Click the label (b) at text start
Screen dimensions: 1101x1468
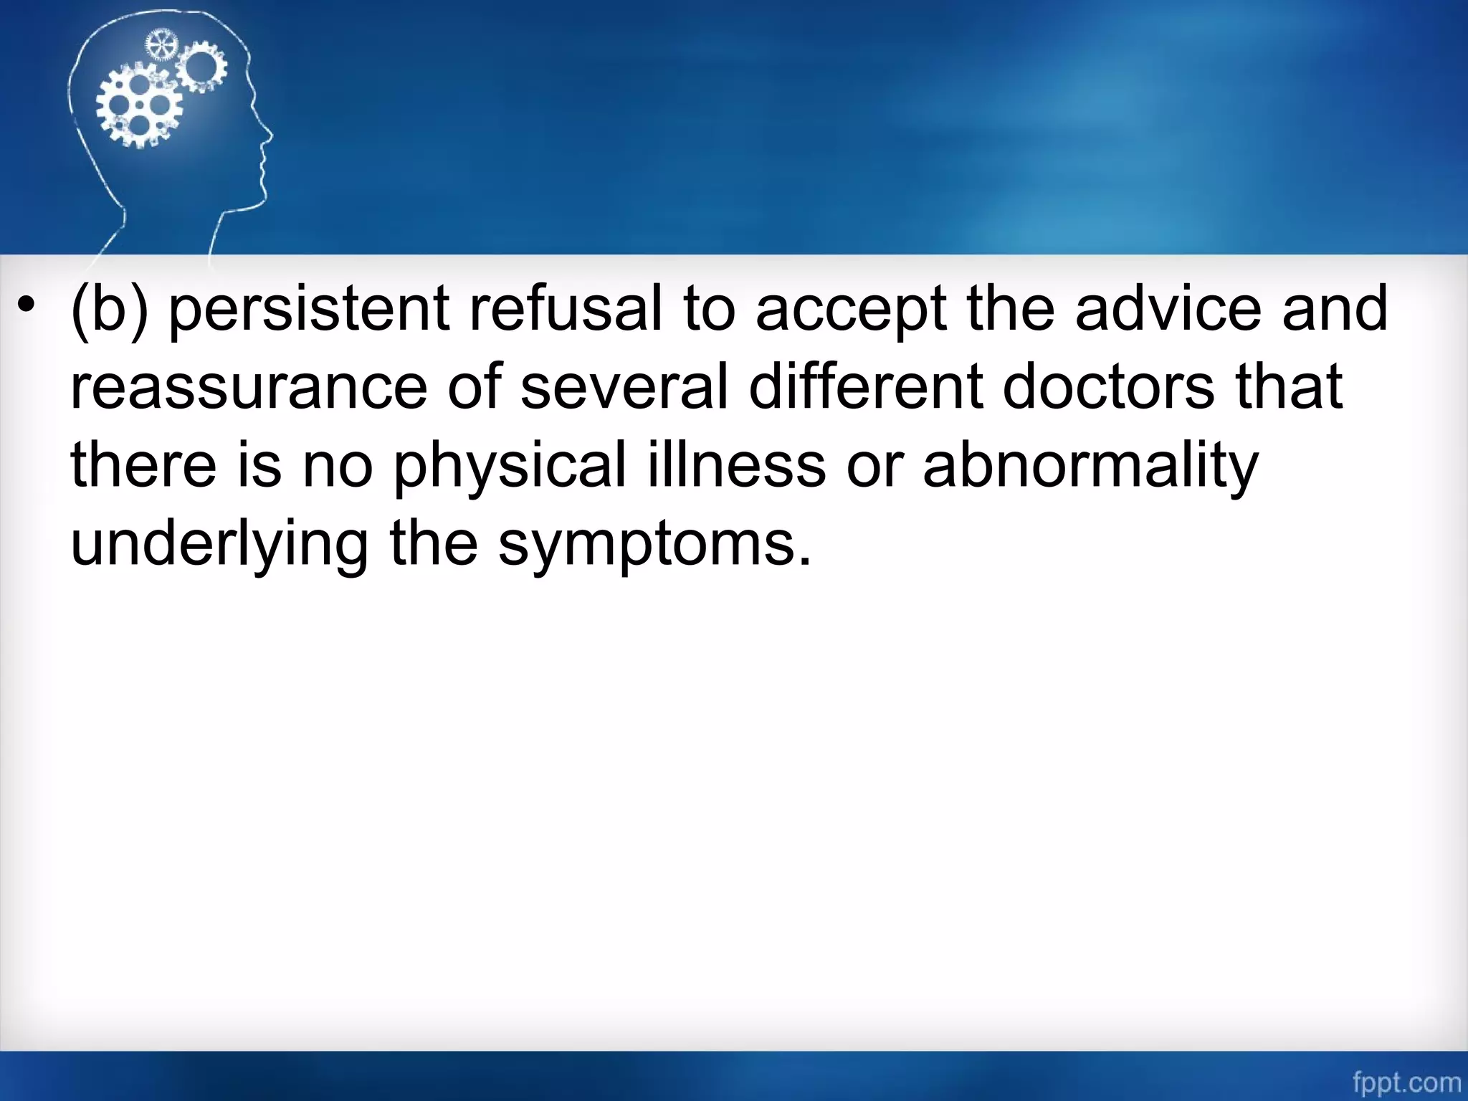coord(109,310)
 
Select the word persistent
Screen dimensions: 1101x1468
coord(309,310)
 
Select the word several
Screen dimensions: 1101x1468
coord(624,386)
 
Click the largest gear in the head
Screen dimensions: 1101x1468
coord(139,105)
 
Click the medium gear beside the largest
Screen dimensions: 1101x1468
coord(201,66)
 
